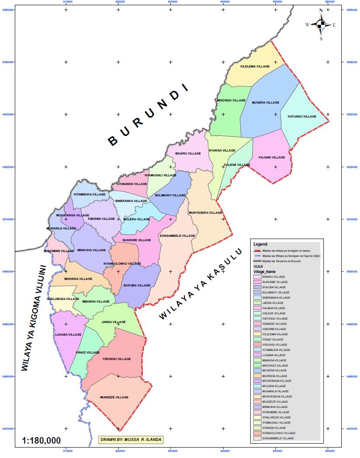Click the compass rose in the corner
coord(321,25)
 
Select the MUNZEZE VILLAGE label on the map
coord(114,397)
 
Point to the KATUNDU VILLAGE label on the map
coord(302,117)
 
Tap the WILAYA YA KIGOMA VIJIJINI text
coord(34,318)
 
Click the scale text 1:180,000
coord(41,440)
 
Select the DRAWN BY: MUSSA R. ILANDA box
coord(131,440)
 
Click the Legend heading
coord(260,244)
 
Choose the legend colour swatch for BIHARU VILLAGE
coord(258,277)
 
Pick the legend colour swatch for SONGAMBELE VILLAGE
coord(258,438)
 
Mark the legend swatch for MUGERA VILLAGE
coord(258,370)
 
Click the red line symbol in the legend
coord(257,251)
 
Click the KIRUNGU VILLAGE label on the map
coord(117,359)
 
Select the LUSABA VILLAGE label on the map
coord(68,334)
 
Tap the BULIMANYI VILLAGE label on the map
coord(170,195)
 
